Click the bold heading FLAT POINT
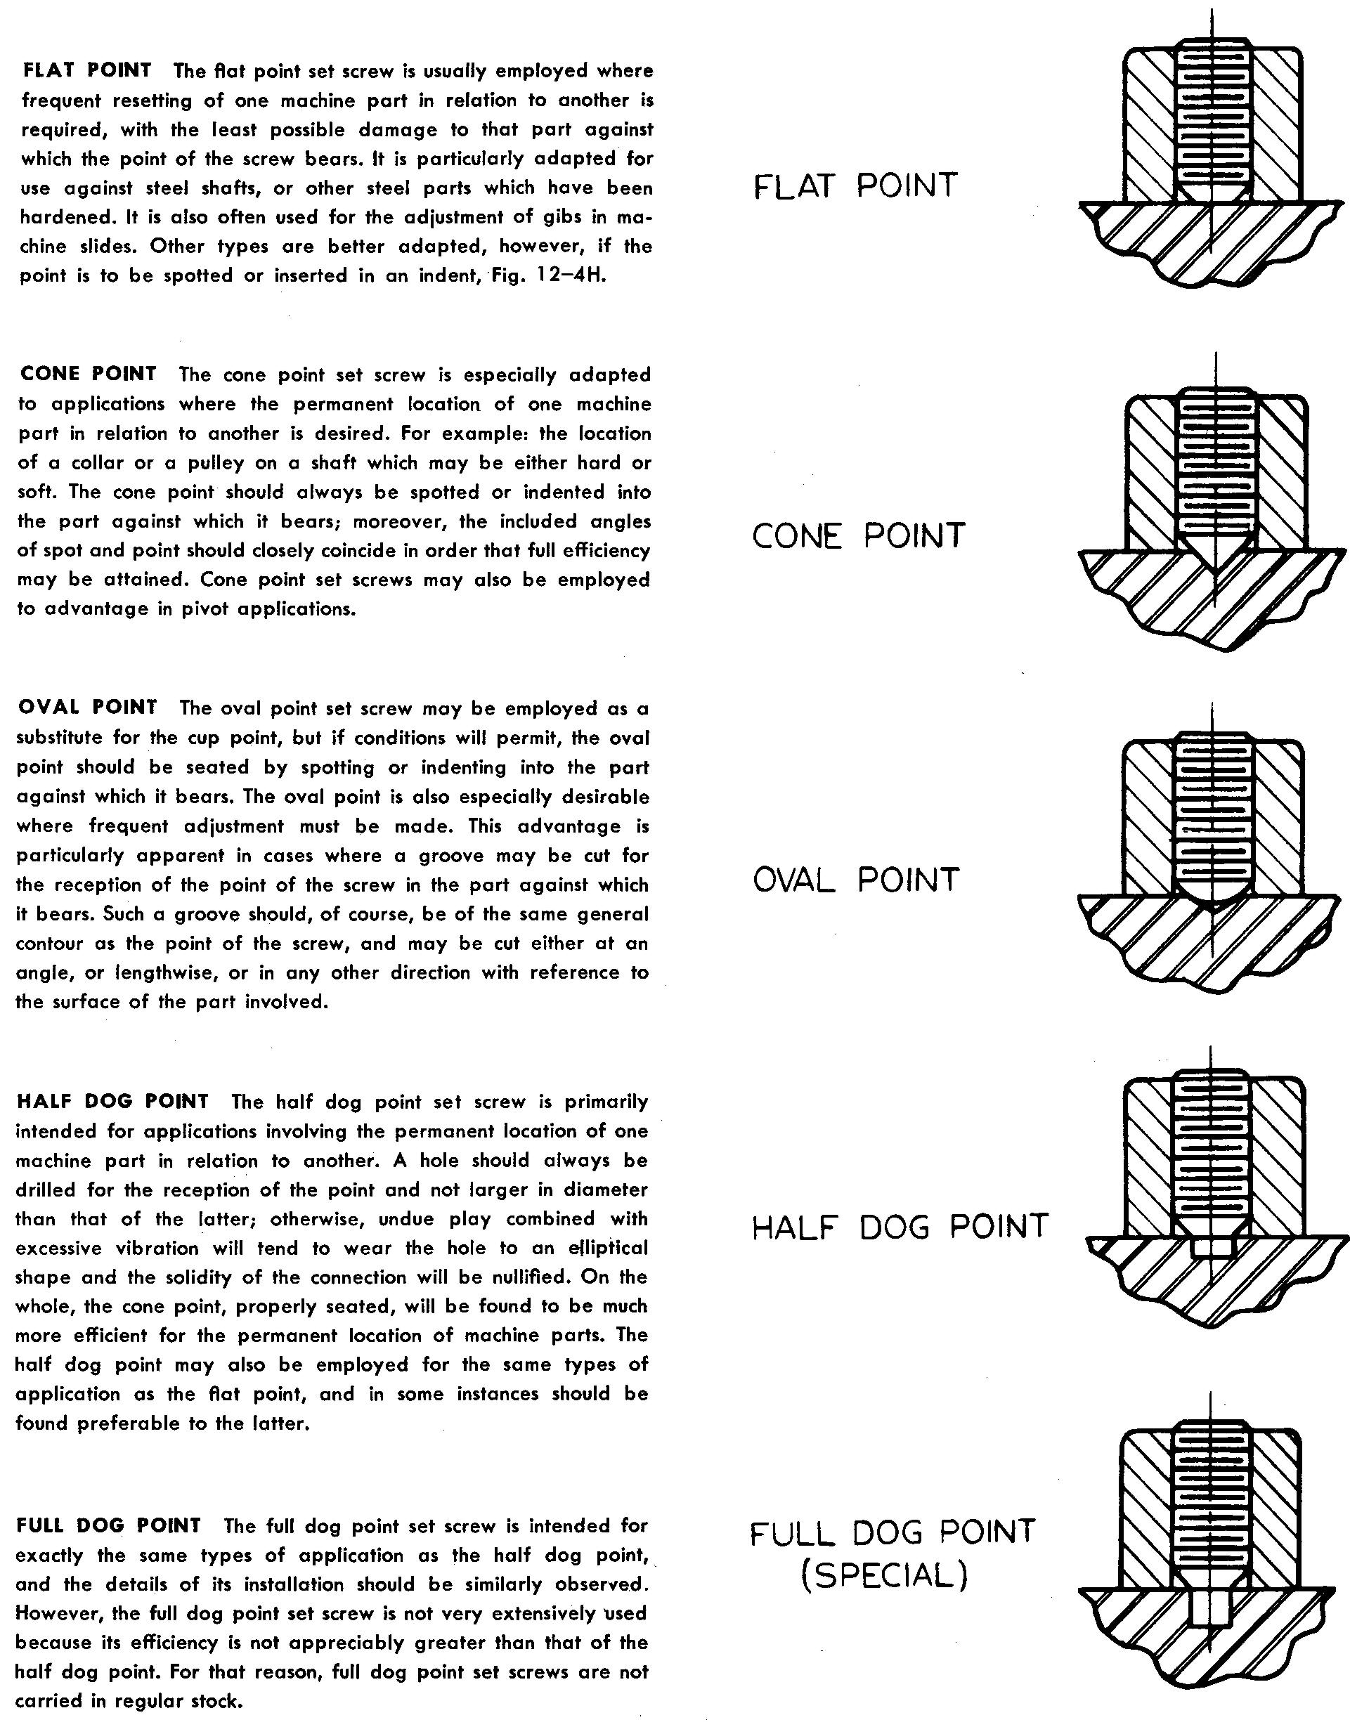point(87,70)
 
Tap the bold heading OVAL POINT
point(87,707)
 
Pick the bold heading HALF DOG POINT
point(112,1101)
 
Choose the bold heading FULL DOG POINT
point(108,1525)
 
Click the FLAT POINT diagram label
point(855,185)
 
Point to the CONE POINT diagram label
point(858,536)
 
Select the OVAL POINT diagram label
point(856,880)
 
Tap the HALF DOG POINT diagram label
point(900,1227)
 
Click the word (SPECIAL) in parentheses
point(884,1577)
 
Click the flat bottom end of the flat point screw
point(1214,201)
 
